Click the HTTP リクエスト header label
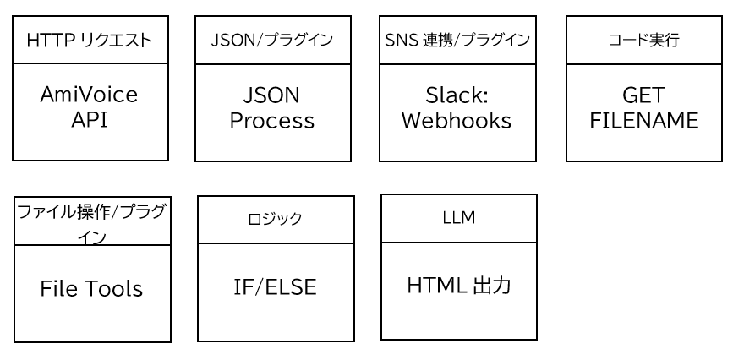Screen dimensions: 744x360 click(90, 41)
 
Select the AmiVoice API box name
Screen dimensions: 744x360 click(90, 106)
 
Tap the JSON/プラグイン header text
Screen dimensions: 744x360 click(272, 41)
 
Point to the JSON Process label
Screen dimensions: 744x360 click(272, 107)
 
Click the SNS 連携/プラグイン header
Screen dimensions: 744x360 click(457, 41)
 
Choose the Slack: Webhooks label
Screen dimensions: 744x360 click(457, 107)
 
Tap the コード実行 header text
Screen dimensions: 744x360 click(644, 41)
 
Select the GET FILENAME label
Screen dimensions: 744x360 click(644, 107)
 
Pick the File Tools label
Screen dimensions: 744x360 click(91, 289)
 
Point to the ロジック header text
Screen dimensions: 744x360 click(275, 219)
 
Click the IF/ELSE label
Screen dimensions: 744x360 click(275, 287)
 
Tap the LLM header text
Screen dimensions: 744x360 click(459, 218)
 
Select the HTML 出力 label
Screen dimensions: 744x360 click(459, 286)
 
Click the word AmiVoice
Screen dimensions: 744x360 click(90, 95)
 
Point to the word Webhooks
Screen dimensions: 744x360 click(457, 120)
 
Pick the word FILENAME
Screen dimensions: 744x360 click(644, 120)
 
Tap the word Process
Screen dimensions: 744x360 click(272, 121)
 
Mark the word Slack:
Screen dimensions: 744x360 click(457, 95)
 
